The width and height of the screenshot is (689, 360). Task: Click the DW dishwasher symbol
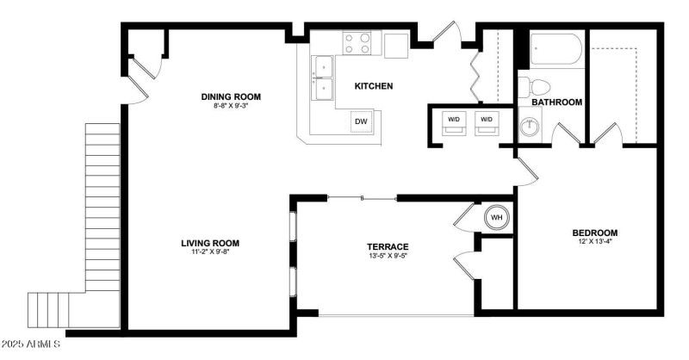tap(361, 121)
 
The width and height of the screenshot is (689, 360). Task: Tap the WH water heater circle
tap(497, 217)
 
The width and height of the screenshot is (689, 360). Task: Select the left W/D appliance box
tap(454, 123)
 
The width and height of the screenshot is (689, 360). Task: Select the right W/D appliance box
tap(487, 123)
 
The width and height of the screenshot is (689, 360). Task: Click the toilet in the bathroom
tap(534, 87)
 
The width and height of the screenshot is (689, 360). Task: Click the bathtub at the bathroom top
tap(556, 49)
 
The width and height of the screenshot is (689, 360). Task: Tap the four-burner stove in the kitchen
tap(357, 44)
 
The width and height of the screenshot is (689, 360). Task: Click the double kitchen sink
tap(323, 78)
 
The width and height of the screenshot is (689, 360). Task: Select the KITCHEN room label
tap(374, 86)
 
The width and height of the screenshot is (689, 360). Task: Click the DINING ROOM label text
tap(231, 96)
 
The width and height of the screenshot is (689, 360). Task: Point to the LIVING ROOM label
tap(210, 243)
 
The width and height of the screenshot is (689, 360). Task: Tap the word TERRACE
tap(388, 247)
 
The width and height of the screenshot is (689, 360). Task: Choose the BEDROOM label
tap(595, 233)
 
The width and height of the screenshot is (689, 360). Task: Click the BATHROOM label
tap(557, 102)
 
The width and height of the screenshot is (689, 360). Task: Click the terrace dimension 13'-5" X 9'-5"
tap(388, 256)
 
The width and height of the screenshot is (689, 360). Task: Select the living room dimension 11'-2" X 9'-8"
tap(210, 251)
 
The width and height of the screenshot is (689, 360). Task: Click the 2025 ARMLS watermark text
tap(30, 344)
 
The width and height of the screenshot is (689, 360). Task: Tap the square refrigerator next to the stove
tap(396, 46)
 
